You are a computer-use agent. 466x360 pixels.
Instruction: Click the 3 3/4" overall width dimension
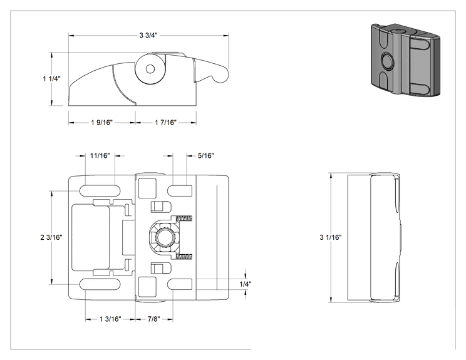coord(148,35)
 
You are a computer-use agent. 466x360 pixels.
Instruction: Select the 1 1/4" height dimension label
coord(51,79)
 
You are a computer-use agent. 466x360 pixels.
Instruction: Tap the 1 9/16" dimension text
coord(102,122)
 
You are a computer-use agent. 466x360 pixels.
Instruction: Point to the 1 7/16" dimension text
coord(165,122)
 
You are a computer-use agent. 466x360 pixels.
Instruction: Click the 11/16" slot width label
coord(100,155)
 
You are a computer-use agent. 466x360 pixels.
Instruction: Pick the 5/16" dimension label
coord(205,155)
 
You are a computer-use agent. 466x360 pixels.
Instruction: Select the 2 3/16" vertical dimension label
coord(51,237)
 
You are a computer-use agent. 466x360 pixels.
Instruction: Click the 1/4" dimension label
coord(246,284)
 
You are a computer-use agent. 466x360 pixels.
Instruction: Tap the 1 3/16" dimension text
coord(110,319)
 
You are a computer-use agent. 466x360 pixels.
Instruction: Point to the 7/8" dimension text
coord(154,319)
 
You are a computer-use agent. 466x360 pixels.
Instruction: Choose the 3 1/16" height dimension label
coord(331,237)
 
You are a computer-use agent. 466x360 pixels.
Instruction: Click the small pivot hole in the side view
coord(150,69)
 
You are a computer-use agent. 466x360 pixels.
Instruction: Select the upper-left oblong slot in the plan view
coord(100,190)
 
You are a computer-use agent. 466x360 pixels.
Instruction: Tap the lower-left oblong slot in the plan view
coord(100,284)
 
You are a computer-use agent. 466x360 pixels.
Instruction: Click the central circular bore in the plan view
coord(163,237)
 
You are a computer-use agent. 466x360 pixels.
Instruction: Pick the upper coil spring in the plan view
coord(184,219)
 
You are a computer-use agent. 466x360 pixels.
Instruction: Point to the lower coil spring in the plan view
coord(184,256)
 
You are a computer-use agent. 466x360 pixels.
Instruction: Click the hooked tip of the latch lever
coord(220,76)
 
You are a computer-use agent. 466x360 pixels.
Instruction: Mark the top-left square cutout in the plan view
coord(147,188)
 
